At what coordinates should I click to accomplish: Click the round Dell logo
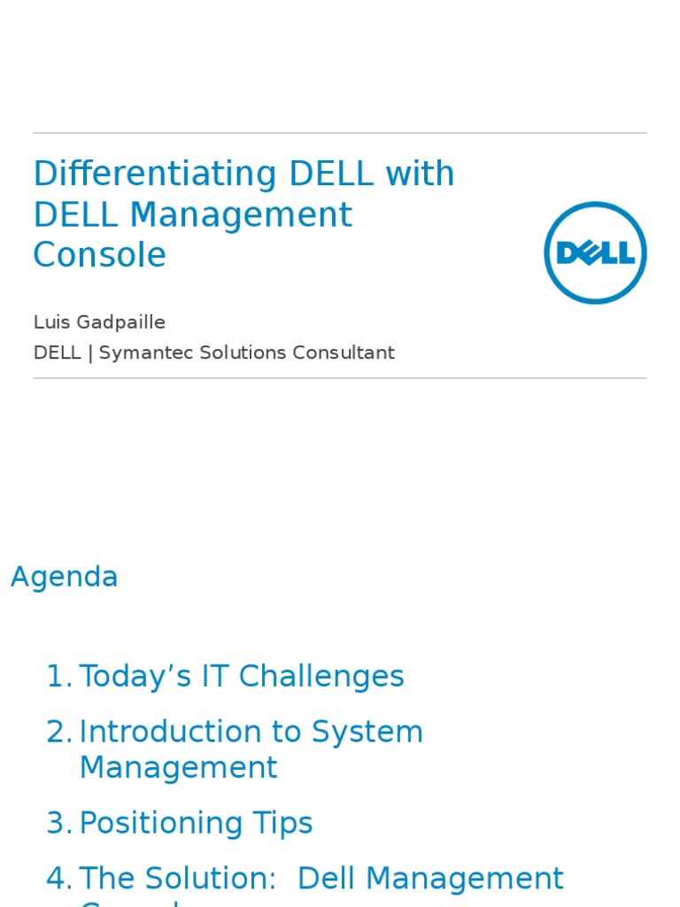click(x=595, y=252)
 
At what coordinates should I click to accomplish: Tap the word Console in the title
click(x=99, y=256)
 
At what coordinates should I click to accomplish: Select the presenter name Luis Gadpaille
click(x=99, y=322)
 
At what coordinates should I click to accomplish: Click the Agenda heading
click(x=64, y=578)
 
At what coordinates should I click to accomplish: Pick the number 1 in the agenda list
click(x=57, y=678)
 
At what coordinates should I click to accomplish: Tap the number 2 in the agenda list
click(x=57, y=733)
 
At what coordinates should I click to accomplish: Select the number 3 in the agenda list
click(x=57, y=824)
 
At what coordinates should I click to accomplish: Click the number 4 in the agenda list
click(x=57, y=879)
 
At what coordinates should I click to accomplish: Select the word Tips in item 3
click(x=284, y=824)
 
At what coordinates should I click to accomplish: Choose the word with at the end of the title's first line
click(x=420, y=174)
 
